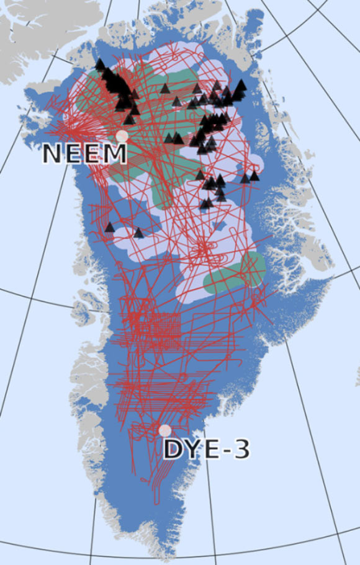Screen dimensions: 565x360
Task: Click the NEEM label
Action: click(85, 153)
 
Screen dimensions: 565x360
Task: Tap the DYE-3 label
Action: click(206, 450)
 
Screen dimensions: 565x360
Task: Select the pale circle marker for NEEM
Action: click(122, 136)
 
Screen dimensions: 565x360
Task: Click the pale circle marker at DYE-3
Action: click(164, 430)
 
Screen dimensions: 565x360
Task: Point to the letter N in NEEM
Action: click(53, 153)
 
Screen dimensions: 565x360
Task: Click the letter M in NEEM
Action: click(115, 153)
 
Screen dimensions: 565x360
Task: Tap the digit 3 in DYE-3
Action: click(241, 450)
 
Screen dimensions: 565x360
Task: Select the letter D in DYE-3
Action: click(173, 450)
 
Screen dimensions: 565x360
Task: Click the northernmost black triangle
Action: click(100, 63)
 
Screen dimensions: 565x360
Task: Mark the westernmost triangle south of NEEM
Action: click(110, 227)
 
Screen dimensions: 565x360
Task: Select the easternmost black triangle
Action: click(254, 176)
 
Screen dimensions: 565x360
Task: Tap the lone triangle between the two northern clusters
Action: click(164, 89)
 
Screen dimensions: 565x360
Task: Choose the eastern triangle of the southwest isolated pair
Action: click(138, 233)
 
